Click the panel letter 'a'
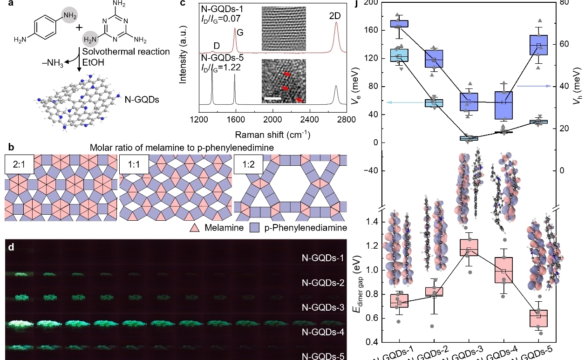[6, 5]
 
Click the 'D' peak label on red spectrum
[216, 46]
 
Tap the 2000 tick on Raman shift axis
[272, 120]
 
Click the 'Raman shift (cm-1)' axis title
[273, 134]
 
